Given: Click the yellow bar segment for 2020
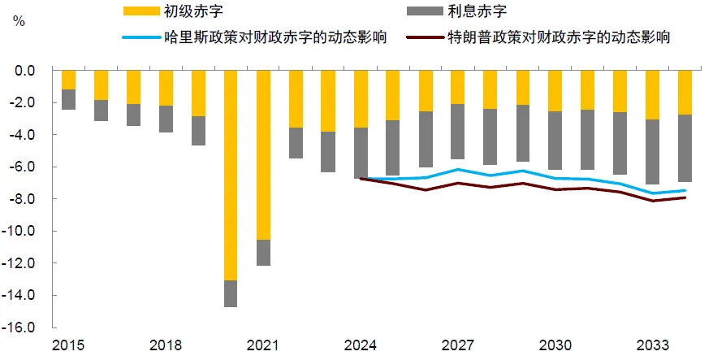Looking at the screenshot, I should tap(231, 175).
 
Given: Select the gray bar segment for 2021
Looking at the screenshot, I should tap(263, 252).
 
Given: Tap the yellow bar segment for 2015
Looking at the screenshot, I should tap(68, 80).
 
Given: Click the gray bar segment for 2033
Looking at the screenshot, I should tap(652, 152).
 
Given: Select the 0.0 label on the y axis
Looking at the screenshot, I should tap(35, 71).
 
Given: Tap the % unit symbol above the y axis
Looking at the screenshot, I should tap(19, 20).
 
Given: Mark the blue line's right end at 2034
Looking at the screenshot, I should tap(685, 191).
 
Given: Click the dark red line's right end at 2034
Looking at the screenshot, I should tap(685, 197).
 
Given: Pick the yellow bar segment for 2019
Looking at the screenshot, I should tap(198, 93).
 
